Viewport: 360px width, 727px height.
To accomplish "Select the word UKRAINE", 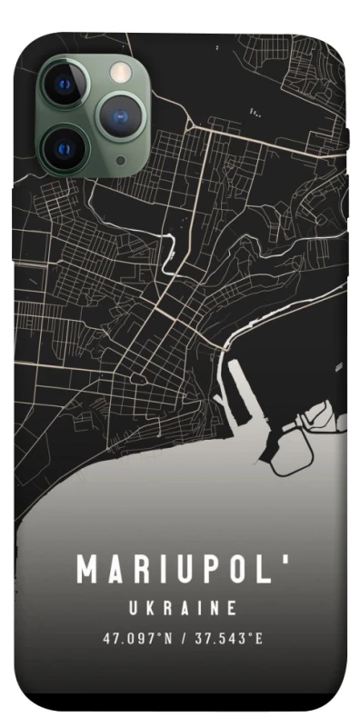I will [182, 608].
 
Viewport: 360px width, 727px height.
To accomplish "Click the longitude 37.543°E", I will [228, 638].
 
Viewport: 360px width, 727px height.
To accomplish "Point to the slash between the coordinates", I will [184, 638].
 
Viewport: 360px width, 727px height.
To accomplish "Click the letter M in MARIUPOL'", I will [87, 570].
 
